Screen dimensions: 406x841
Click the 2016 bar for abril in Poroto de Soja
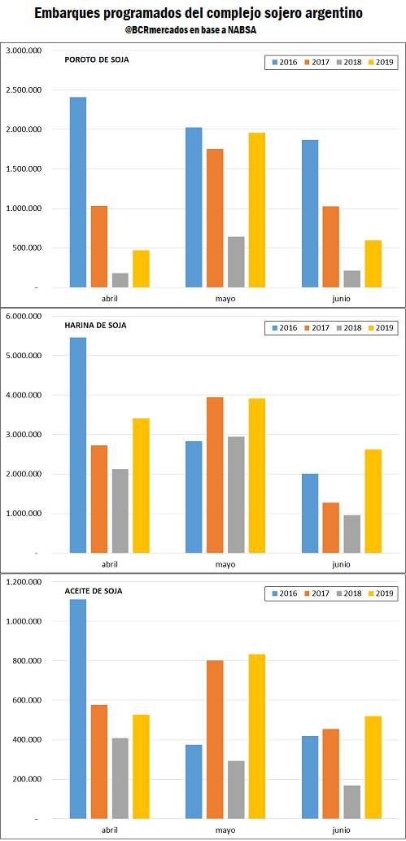[x=78, y=192]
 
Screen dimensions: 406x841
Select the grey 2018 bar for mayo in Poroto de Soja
[x=236, y=262]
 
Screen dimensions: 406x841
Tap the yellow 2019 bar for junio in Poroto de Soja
[x=373, y=264]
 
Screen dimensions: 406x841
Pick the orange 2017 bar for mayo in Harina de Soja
[x=215, y=475]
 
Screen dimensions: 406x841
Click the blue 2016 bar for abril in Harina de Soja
[x=78, y=445]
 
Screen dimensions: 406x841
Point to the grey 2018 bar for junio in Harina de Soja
[x=352, y=534]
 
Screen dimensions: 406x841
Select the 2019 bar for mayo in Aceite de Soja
[x=257, y=737]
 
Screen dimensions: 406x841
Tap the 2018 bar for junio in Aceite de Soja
[x=352, y=803]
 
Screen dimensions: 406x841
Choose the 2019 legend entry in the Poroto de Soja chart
[x=380, y=63]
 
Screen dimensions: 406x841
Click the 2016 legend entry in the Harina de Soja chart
[x=284, y=328]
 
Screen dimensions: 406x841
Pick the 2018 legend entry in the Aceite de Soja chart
[x=348, y=594]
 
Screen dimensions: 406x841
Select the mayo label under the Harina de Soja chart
[x=226, y=564]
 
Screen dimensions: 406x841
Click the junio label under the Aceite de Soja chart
[x=342, y=830]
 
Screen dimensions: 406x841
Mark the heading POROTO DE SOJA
[x=97, y=59]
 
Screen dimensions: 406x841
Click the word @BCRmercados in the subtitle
[x=158, y=31]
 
